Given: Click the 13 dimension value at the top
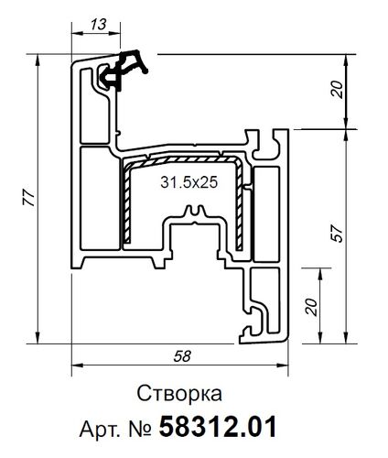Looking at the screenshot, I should (x=97, y=24).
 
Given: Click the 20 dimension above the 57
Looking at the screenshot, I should (x=336, y=91).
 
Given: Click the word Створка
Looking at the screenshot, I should (x=180, y=395).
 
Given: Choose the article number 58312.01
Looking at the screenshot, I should (x=218, y=427).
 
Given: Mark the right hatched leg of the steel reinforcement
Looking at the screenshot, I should (x=241, y=206).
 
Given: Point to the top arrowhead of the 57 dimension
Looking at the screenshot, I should (x=350, y=134).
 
